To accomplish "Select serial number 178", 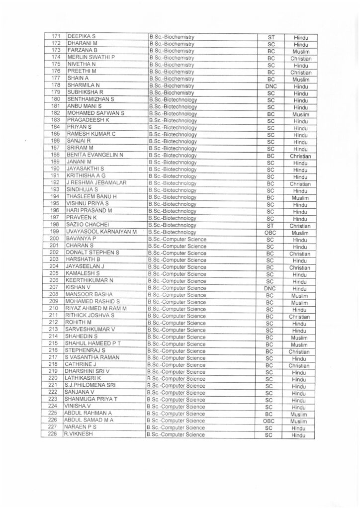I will click(x=56, y=85).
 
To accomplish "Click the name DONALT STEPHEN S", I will click(x=93, y=253).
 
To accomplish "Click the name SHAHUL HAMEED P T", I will click(x=93, y=344).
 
